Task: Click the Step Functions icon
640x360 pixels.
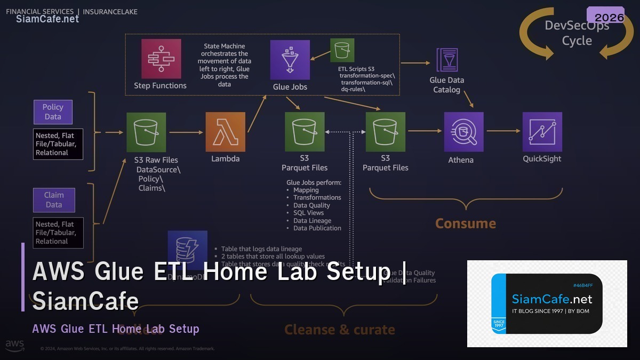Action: point(161,59)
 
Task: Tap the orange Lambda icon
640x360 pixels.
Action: point(226,132)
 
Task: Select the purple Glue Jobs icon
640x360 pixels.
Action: point(290,59)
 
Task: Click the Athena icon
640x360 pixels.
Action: point(463,132)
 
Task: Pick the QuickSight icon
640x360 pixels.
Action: point(542,132)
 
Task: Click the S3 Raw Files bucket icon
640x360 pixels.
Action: point(146,132)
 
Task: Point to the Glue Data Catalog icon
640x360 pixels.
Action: point(446,60)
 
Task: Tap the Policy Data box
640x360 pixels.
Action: point(53,112)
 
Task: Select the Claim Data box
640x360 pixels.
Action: point(54,200)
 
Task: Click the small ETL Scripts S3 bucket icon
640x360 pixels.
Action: point(342,51)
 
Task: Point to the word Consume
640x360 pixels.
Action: point(466,223)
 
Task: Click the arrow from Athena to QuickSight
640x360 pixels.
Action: point(503,131)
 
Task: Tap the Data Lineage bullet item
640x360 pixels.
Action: point(312,221)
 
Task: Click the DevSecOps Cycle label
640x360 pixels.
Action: point(577,33)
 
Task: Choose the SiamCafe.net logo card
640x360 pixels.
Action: point(547,303)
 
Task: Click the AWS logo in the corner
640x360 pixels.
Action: point(15,346)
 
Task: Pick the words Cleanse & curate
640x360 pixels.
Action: point(340,330)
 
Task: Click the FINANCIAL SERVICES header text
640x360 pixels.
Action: point(40,11)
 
